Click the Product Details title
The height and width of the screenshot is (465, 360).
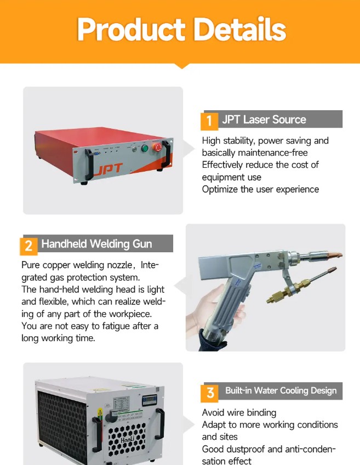coord(181,30)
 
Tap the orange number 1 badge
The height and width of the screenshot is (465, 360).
coord(209,121)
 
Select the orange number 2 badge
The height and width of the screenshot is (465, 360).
coord(28,246)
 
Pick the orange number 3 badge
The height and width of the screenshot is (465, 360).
coord(209,393)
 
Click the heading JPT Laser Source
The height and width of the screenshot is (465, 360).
coord(264,120)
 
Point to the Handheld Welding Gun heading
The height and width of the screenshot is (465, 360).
coord(96,244)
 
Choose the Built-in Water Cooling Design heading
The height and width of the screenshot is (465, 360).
coord(281,390)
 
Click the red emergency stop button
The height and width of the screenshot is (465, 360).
coord(157,147)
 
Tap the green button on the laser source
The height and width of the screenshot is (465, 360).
coord(145,148)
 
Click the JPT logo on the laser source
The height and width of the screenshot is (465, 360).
coord(108,169)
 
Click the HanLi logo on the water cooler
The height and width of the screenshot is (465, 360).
coord(128,438)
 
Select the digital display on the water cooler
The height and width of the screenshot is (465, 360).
coord(150,400)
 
